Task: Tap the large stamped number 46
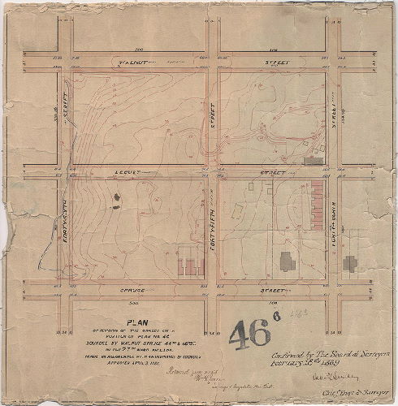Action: coord(252,335)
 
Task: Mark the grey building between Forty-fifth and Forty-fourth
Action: coord(287,261)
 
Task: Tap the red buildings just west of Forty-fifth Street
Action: coord(189,268)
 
